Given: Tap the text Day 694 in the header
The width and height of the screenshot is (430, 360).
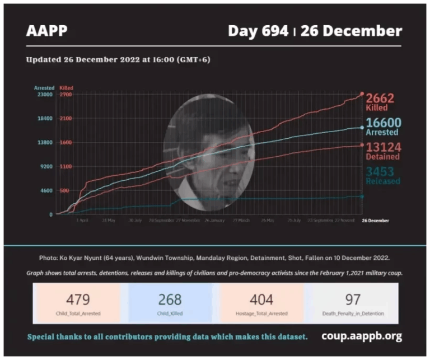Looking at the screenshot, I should (x=259, y=31).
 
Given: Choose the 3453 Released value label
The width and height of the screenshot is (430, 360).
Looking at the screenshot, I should (x=384, y=172).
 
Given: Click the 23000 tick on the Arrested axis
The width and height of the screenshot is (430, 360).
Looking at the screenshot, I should (x=45, y=95).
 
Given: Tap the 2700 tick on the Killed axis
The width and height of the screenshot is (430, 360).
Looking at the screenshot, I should (x=66, y=95).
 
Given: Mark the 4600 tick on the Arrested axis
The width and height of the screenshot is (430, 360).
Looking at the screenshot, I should (x=46, y=190).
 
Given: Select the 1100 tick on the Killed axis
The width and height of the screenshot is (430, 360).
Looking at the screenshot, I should (x=66, y=167).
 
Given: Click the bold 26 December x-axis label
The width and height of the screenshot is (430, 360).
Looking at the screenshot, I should (x=375, y=221).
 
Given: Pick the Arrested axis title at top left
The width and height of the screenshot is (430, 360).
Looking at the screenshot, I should (x=44, y=88).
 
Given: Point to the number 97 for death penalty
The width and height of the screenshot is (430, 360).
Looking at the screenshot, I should (x=353, y=300).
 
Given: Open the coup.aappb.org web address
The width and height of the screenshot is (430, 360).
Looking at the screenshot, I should (x=362, y=336).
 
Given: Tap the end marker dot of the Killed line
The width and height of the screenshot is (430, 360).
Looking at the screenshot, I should (x=362, y=94).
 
